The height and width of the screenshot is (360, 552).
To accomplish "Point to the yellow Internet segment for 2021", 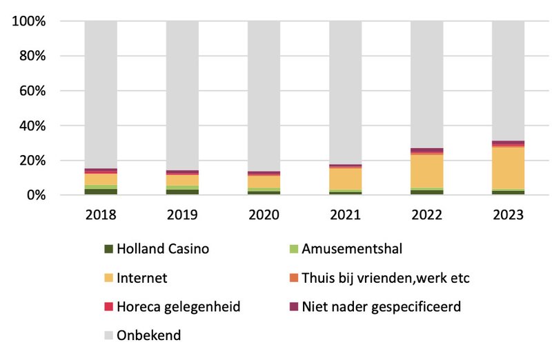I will [345, 179].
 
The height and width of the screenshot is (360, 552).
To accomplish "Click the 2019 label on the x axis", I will [182, 214].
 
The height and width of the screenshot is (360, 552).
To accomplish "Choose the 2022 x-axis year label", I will [426, 214].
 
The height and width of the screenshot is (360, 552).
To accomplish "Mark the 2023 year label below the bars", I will [508, 214].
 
